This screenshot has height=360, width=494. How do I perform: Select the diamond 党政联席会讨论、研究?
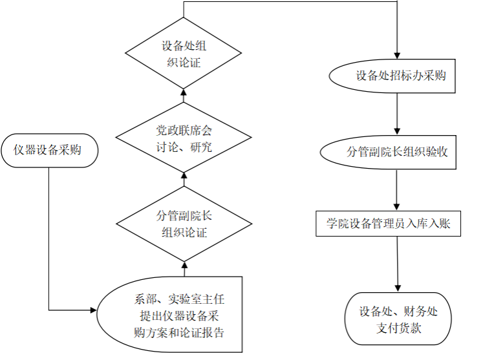(x=184, y=138)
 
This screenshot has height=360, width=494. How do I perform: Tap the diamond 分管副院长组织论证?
(x=184, y=224)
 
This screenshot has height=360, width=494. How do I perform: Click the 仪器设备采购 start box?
(x=48, y=150)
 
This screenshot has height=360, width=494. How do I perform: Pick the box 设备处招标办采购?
(x=392, y=76)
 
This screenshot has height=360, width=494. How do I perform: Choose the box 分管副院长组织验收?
(x=388, y=152)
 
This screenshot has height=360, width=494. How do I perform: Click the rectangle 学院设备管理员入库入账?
(x=388, y=224)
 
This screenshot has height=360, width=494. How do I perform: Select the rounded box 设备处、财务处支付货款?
(x=398, y=319)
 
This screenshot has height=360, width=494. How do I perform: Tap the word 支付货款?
(x=398, y=328)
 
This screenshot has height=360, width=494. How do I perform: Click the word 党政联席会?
(x=184, y=129)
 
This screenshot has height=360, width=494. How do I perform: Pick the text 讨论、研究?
(x=184, y=147)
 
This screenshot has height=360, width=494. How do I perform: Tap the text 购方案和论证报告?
(x=179, y=333)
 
